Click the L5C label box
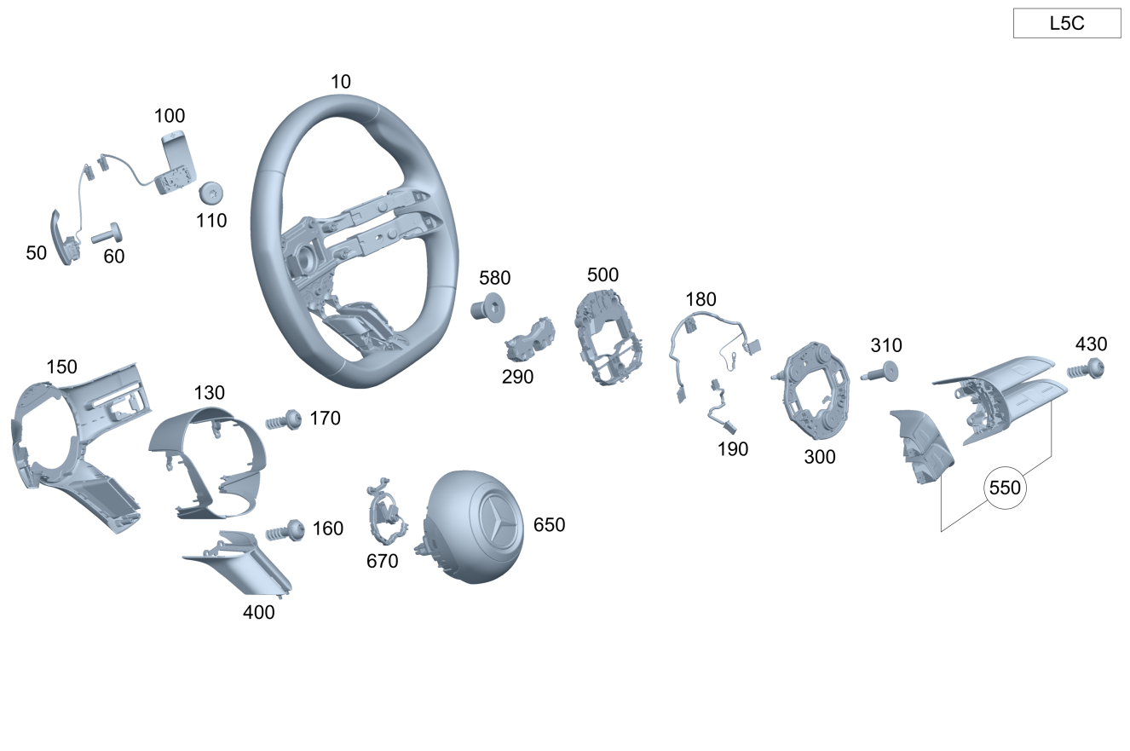[x=1067, y=23]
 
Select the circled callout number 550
[x=1005, y=488]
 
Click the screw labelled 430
[x=1086, y=369]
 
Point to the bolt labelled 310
[x=879, y=373]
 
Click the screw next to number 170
[x=284, y=420]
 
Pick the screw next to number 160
[x=285, y=530]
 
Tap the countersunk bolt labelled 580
[x=487, y=308]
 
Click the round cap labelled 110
[x=210, y=193]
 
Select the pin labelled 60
[x=107, y=234]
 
